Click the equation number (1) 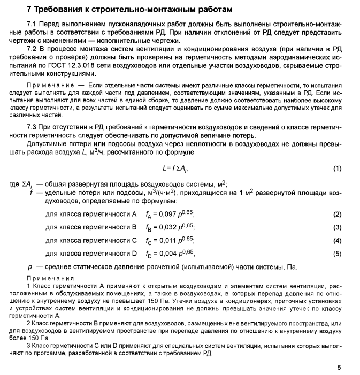pos(337,169)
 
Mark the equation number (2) pos(337,215)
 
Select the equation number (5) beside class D pos(337,253)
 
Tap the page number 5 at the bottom pos(339,368)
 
